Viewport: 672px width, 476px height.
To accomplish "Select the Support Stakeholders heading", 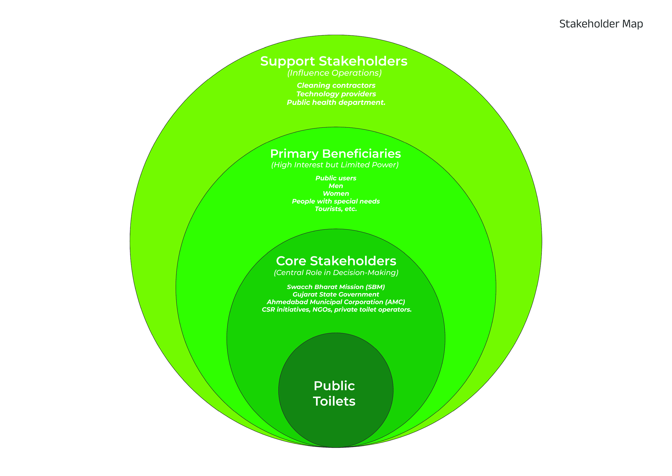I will point(334,61).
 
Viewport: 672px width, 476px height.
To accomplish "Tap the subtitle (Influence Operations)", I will point(335,73).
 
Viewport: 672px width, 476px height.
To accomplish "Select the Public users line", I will point(336,178).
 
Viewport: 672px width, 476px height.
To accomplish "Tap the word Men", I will point(336,186).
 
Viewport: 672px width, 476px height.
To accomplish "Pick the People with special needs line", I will point(336,201).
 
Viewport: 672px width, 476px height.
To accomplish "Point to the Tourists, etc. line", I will point(336,209).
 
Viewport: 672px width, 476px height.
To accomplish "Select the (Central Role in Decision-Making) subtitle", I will point(336,273).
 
